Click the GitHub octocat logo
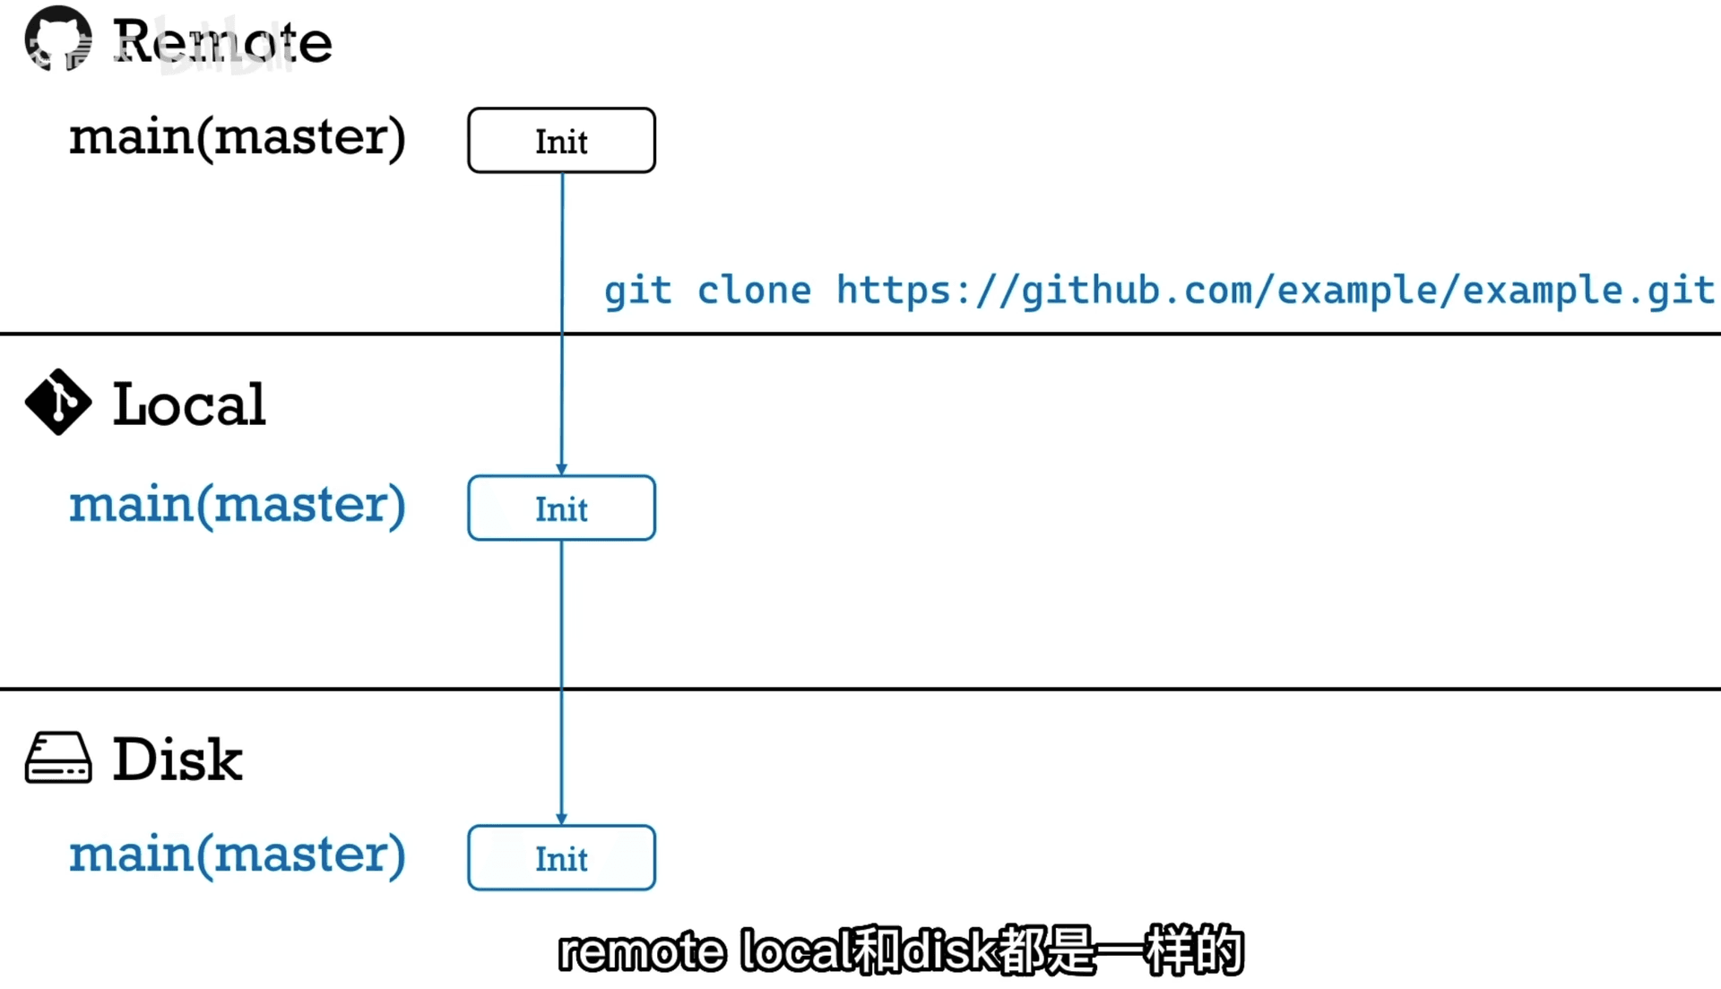[58, 39]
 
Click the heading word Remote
[222, 41]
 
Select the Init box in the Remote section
[561, 141]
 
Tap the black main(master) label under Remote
[238, 137]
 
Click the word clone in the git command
[754, 291]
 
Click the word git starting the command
[637, 291]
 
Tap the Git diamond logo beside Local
[58, 402]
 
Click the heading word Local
[189, 403]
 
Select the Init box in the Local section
[561, 508]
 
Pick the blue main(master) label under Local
[238, 505]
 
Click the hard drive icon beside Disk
[58, 758]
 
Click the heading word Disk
[177, 759]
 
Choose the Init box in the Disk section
[561, 858]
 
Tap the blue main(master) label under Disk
[238, 855]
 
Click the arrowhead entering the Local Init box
[562, 469]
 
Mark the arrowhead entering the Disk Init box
[562, 819]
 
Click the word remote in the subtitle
[642, 951]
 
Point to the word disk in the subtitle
[950, 951]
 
